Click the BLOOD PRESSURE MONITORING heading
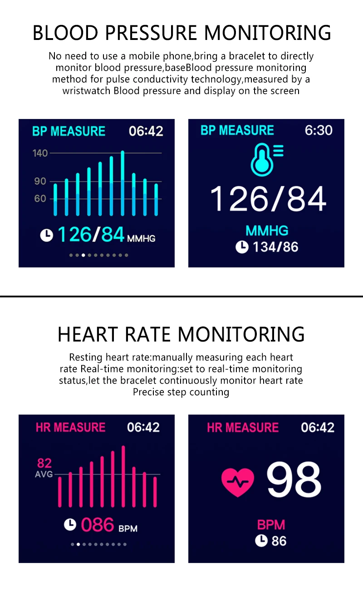(x=181, y=33)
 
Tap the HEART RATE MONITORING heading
(x=181, y=334)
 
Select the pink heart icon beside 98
(x=238, y=482)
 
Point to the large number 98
(x=294, y=479)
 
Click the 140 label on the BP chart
(x=40, y=153)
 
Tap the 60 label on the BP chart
(x=40, y=199)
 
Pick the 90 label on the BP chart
(x=40, y=181)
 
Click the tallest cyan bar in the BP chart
(x=123, y=183)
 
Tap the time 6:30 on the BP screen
(x=319, y=130)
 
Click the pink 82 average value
(x=44, y=464)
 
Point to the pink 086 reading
(x=97, y=525)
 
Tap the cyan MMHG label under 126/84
(x=267, y=231)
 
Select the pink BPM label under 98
(x=271, y=525)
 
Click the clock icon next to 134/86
(x=242, y=247)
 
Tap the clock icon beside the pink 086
(x=69, y=525)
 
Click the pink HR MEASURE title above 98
(x=243, y=427)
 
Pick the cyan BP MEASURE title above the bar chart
(x=69, y=131)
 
